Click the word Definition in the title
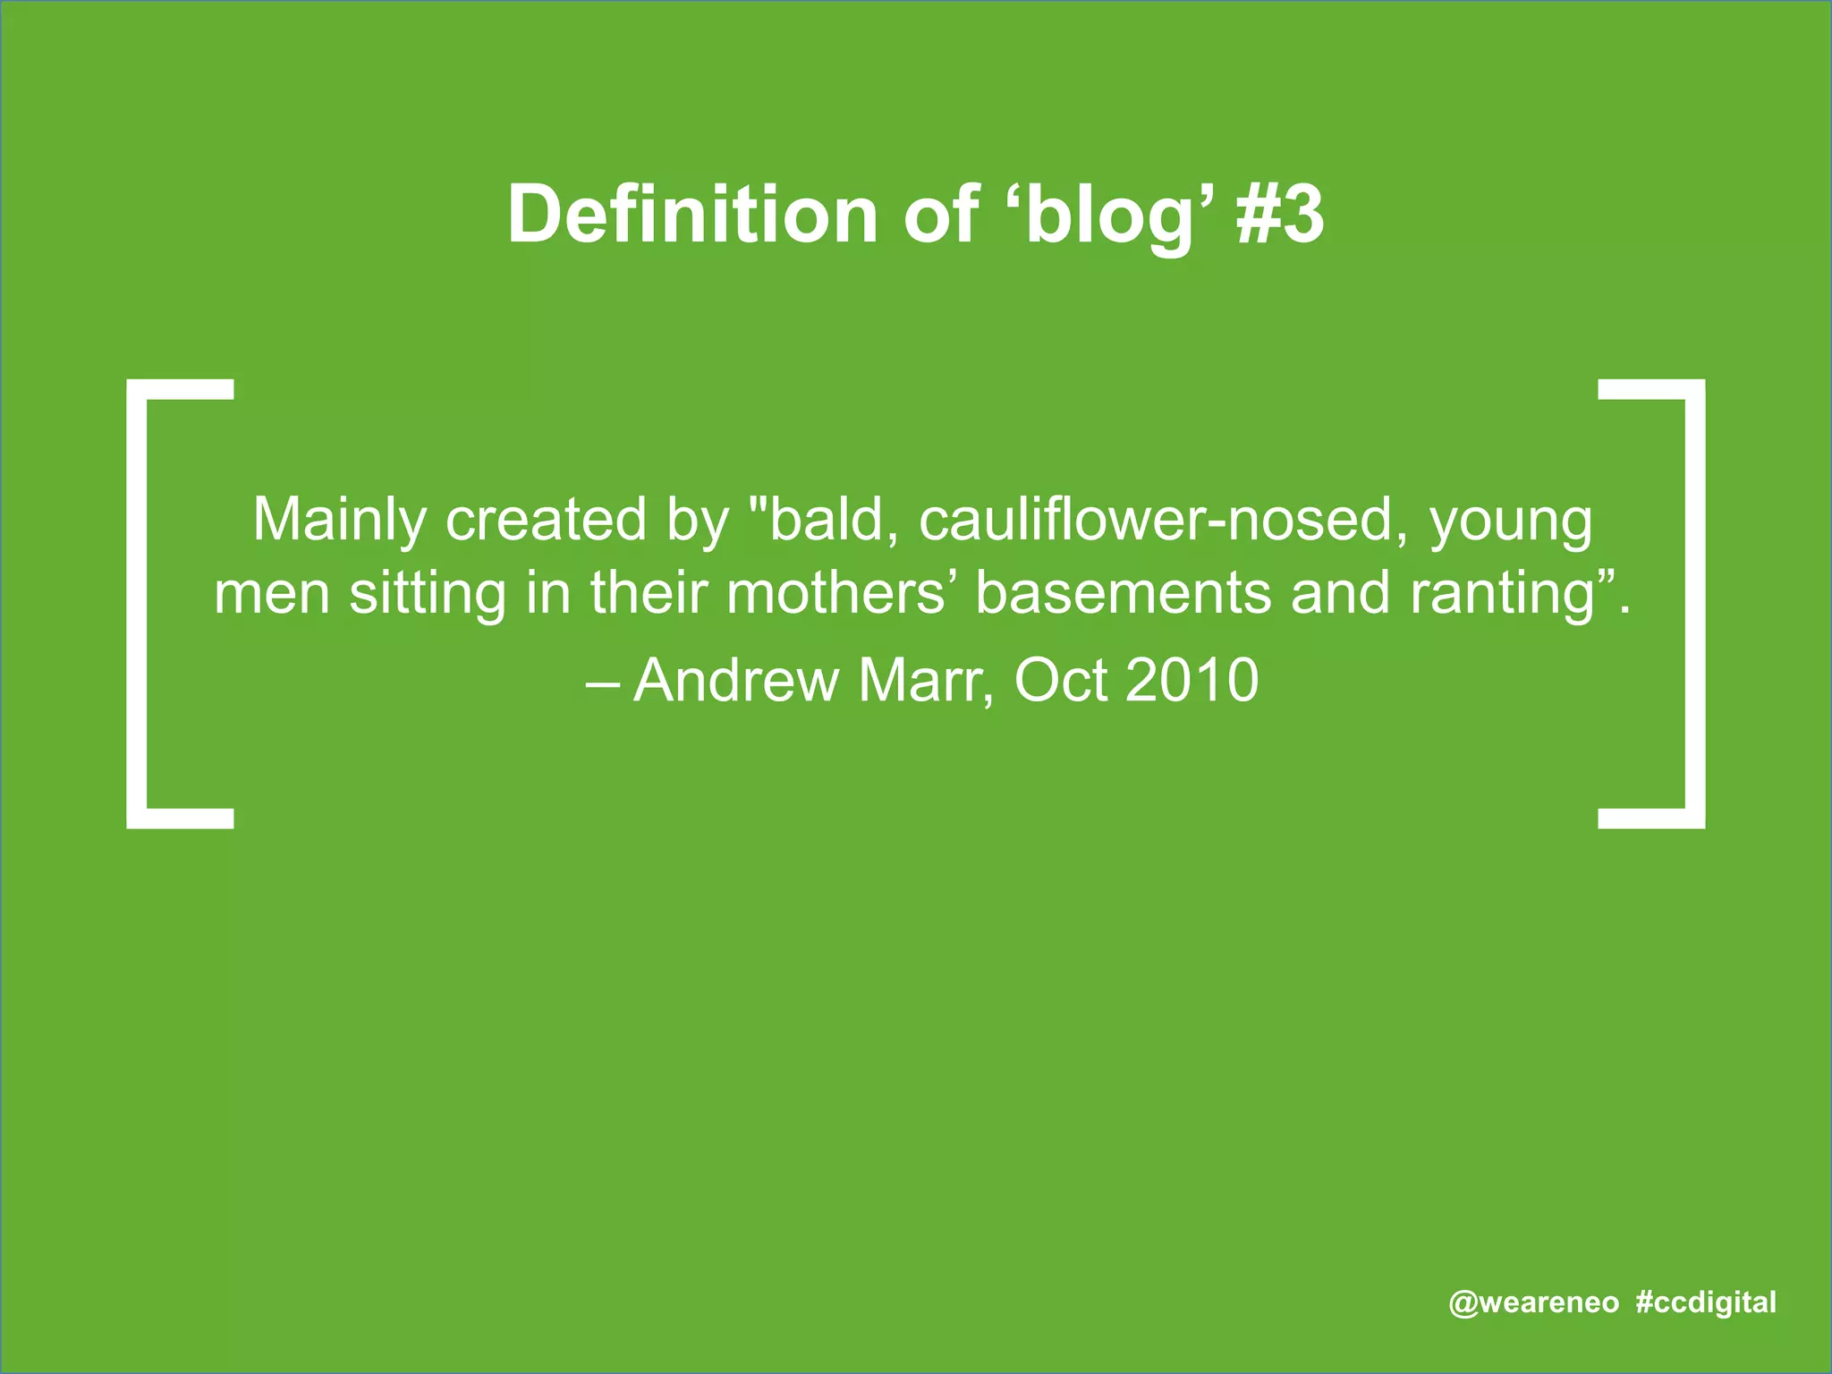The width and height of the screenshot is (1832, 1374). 692,215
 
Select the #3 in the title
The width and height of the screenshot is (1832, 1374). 1280,215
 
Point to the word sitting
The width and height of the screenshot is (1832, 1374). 428,595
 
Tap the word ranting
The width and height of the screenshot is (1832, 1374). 1503,595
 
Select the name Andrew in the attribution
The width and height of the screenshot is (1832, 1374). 735,681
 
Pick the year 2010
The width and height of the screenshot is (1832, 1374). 1192,681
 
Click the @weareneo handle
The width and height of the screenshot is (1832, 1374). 1533,1302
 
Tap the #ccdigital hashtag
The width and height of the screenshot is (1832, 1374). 1706,1302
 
